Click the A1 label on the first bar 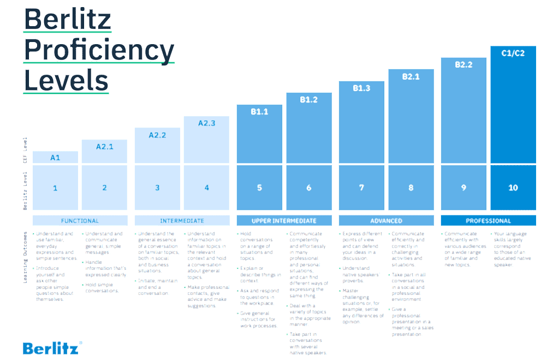[55, 158]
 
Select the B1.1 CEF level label [259, 111]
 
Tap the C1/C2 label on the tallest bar [513, 53]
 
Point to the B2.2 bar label [463, 64]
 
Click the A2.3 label [206, 123]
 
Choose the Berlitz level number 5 [259, 188]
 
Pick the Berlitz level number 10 [513, 188]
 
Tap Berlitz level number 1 [55, 188]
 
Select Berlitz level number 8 [411, 188]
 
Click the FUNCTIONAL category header [80, 221]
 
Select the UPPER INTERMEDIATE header [284, 221]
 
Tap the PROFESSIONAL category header [488, 221]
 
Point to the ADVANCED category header [386, 221]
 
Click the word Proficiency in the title [99, 51]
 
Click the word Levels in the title [66, 81]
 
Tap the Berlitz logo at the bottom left [52, 348]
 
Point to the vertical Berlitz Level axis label [25, 190]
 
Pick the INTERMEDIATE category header [182, 221]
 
